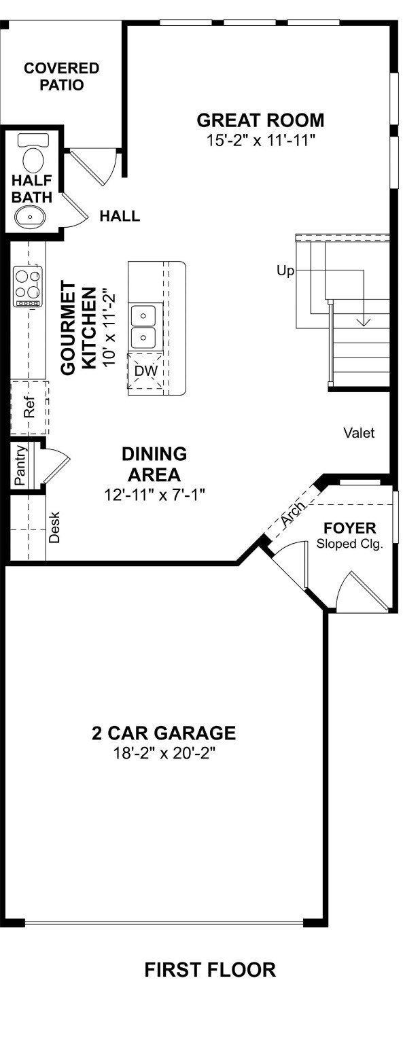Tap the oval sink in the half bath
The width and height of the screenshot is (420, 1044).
pyautogui.click(x=31, y=217)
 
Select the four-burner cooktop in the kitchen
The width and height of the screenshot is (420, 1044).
pyautogui.click(x=28, y=286)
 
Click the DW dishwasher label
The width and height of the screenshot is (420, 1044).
pyautogui.click(x=146, y=371)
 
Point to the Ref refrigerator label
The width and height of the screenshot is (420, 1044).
pyautogui.click(x=29, y=407)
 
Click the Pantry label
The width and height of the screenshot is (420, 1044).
pyautogui.click(x=20, y=466)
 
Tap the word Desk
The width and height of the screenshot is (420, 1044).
pyautogui.click(x=54, y=527)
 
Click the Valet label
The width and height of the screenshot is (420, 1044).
pyautogui.click(x=359, y=433)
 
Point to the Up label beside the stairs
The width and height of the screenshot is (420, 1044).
pyautogui.click(x=285, y=271)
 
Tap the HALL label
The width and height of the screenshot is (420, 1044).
pyautogui.click(x=120, y=215)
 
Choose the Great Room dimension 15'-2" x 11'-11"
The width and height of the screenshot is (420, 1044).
pyautogui.click(x=261, y=140)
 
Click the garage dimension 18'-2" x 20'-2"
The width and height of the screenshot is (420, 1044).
pyautogui.click(x=164, y=752)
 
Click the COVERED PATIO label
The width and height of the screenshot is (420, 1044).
pyautogui.click(x=62, y=76)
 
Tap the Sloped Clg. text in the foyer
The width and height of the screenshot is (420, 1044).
pyautogui.click(x=349, y=544)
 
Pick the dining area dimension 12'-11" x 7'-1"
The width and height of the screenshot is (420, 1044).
pyautogui.click(x=154, y=495)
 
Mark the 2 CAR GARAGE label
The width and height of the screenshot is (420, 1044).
pyautogui.click(x=164, y=733)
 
